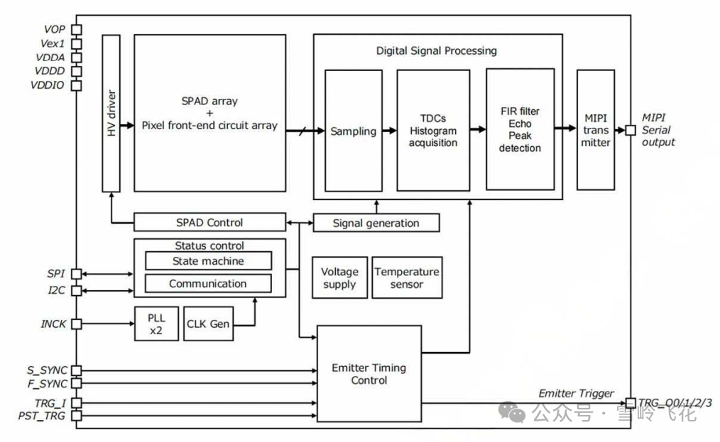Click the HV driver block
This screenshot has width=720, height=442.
click(111, 113)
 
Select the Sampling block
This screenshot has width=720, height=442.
click(353, 131)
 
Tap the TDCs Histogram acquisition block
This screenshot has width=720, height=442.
click(433, 131)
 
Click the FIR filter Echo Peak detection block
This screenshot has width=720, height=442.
click(520, 130)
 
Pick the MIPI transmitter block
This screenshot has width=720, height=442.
click(595, 130)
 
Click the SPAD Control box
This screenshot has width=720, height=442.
click(209, 222)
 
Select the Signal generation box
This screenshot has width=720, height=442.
click(376, 223)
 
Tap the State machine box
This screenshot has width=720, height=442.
click(208, 261)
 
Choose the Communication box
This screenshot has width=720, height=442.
click(208, 284)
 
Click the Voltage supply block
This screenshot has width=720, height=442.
click(339, 277)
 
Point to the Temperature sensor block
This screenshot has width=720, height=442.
click(407, 277)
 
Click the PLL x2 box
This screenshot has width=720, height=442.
click(156, 324)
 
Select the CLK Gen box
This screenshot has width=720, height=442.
click(208, 324)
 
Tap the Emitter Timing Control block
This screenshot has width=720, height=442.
click(369, 374)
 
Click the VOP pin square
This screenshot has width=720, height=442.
click(76, 30)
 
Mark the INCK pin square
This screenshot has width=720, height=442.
click(76, 324)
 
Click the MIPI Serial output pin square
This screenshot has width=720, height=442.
click(630, 130)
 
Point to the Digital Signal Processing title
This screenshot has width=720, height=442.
click(436, 51)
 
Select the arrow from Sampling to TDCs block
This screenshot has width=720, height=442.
click(389, 131)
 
